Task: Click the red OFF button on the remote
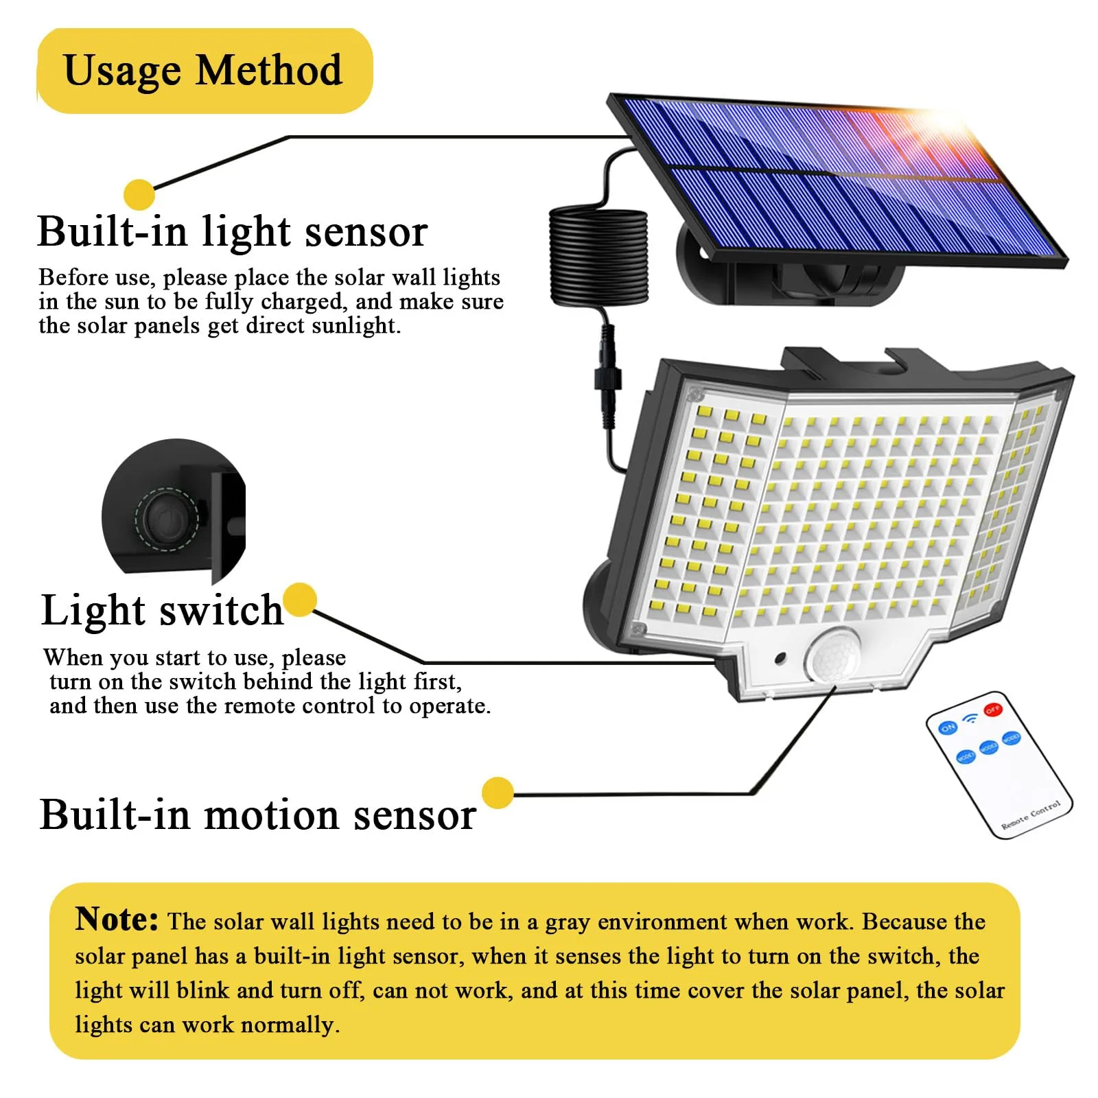coord(993,710)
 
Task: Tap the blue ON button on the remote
coord(948,727)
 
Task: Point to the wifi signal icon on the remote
coord(970,718)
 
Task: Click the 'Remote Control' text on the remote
coord(1031,815)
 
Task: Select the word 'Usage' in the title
coord(122,71)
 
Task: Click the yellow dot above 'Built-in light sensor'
coord(139,194)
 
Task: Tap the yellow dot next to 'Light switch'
coord(300,600)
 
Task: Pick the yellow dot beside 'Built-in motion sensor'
coord(498,793)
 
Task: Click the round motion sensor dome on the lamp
coord(833,655)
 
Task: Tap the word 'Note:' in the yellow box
coord(117,919)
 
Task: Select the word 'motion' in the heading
coord(271,815)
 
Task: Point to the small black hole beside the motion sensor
coord(780,659)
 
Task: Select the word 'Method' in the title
coord(269,70)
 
